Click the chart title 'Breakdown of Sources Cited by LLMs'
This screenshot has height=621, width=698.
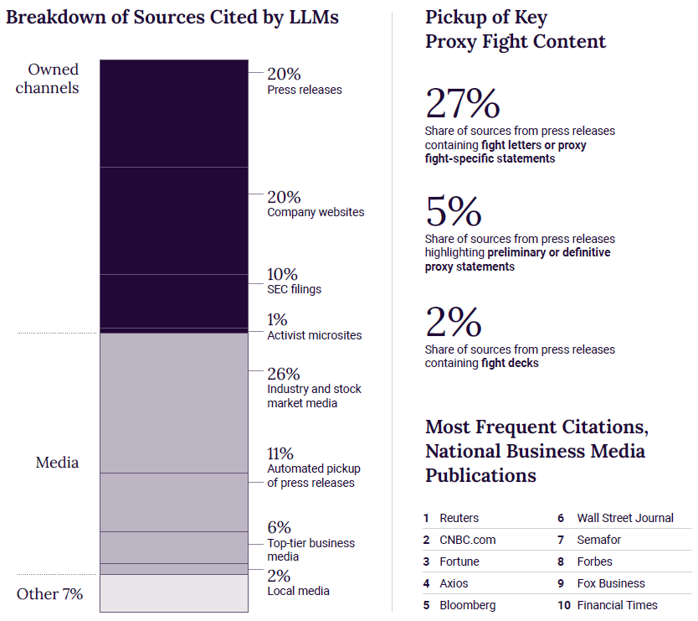pos(172,17)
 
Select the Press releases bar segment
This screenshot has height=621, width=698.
pos(174,113)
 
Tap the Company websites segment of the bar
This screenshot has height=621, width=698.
pos(174,220)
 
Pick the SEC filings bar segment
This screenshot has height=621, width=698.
pos(174,300)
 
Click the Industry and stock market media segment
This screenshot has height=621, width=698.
pos(174,403)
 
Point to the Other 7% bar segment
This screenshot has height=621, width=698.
pos(174,593)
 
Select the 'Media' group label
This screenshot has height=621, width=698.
pos(57,462)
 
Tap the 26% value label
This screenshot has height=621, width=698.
pos(283,374)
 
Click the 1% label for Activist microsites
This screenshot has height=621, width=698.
pos(277,319)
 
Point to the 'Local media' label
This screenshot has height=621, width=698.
pos(298,591)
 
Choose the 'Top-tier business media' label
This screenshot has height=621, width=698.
pos(311,550)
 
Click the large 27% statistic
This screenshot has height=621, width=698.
pos(462,104)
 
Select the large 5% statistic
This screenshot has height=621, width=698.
pos(453,212)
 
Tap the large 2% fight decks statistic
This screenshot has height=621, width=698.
pos(453,323)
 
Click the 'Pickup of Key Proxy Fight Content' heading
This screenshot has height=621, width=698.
pos(516,29)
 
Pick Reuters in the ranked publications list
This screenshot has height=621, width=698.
pos(459,518)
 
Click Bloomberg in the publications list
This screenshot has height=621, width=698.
pos(467,605)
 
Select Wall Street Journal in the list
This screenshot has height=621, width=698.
pos(625,518)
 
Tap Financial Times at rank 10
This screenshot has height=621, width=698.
pos(617,605)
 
